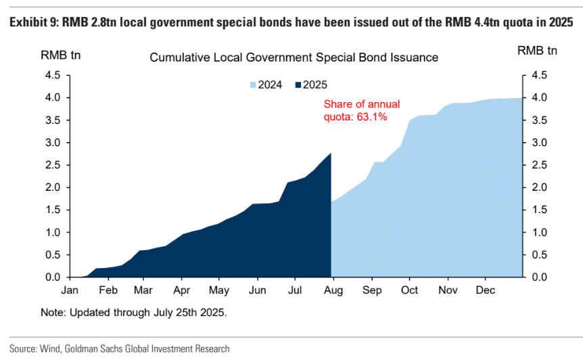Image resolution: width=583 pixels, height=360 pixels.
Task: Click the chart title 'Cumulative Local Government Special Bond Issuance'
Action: pyautogui.click(x=294, y=58)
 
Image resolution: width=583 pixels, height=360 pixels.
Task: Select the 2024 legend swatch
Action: pyautogui.click(x=255, y=85)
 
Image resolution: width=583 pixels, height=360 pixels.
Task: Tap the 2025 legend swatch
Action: pyautogui.click(x=298, y=85)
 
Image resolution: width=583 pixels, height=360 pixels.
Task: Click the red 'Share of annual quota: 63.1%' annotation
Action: pyautogui.click(x=361, y=110)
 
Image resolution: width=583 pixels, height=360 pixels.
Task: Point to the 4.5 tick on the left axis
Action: pyautogui.click(x=53, y=75)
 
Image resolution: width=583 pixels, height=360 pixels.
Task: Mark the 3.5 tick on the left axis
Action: pyautogui.click(x=53, y=120)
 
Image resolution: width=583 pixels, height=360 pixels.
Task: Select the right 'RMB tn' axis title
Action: pyautogui.click(x=537, y=50)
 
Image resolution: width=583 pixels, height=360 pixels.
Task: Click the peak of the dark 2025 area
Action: pyautogui.click(x=330, y=154)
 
